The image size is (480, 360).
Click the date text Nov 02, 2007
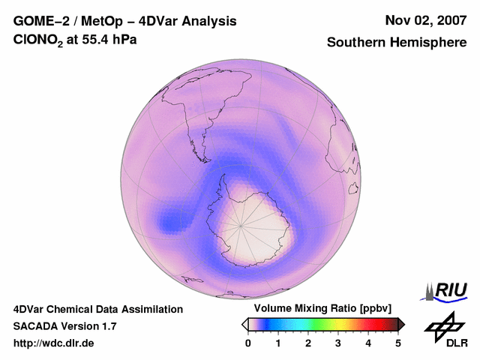(x=425, y=21)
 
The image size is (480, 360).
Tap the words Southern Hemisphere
(x=397, y=43)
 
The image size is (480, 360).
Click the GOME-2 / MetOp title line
(x=125, y=21)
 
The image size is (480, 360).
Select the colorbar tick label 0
(x=248, y=343)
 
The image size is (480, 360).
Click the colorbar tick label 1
(x=278, y=343)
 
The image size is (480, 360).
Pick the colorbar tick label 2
(x=308, y=343)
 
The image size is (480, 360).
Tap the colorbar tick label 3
(x=338, y=343)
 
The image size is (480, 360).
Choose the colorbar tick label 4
(x=368, y=343)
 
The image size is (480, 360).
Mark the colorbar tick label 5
(x=398, y=343)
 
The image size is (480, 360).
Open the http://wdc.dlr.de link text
(x=54, y=343)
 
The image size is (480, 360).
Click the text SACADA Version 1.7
(x=64, y=326)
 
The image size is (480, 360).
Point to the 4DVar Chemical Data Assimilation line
(x=97, y=309)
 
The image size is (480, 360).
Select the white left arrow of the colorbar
(x=245, y=324)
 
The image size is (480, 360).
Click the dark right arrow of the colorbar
(x=401, y=324)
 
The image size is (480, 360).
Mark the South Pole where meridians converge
(x=241, y=224)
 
